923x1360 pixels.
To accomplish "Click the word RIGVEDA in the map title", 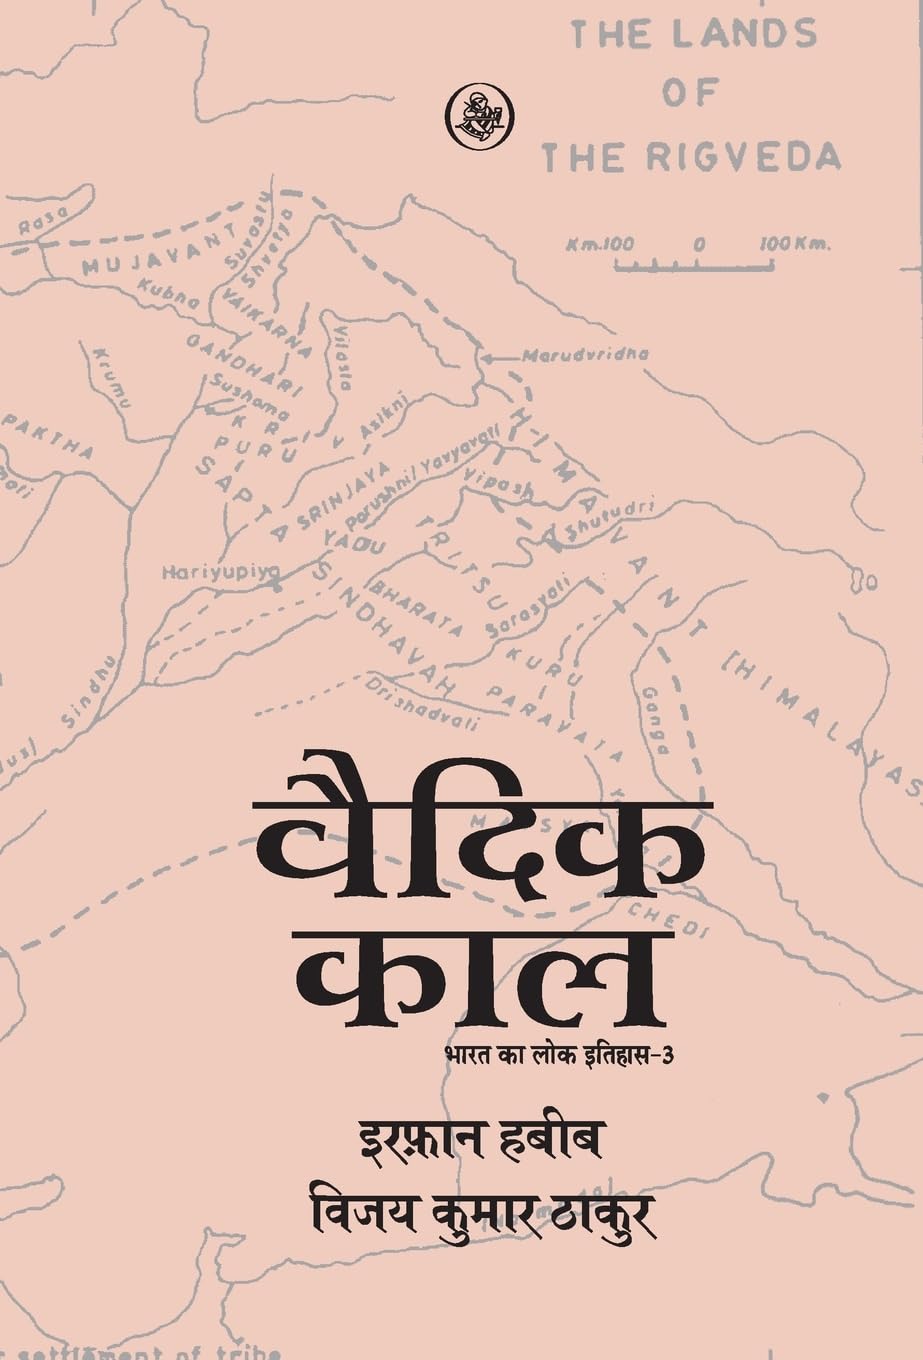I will [760, 157].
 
